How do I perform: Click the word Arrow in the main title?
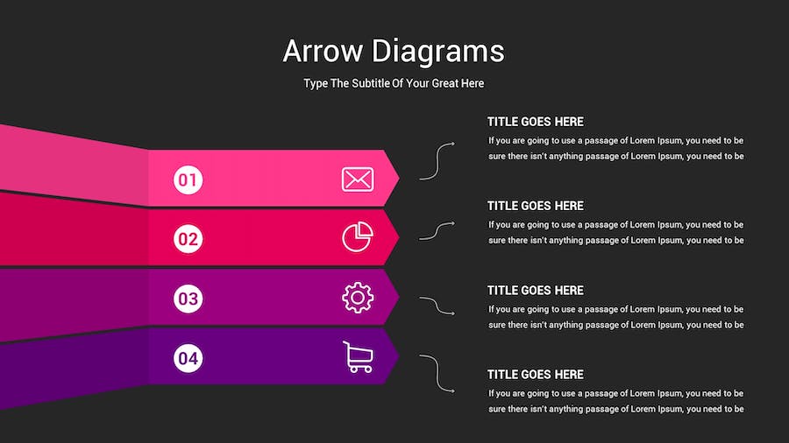point(323,51)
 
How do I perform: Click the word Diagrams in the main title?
point(438,52)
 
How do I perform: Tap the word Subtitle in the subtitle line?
point(370,83)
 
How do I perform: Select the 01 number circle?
point(188,179)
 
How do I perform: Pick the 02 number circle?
point(188,239)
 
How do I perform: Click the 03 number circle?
point(188,299)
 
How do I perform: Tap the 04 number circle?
point(188,358)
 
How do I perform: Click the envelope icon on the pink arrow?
point(358,179)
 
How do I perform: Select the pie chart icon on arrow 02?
point(358,236)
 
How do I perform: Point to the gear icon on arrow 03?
point(358,298)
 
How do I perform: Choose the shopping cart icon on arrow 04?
point(359,357)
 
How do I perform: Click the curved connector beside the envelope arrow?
point(437,161)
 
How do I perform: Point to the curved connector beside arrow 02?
point(437,230)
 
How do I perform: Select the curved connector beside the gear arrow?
point(437,306)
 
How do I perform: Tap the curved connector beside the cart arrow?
point(437,373)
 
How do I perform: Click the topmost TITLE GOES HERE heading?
point(536,122)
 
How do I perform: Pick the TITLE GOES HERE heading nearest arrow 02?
point(536,206)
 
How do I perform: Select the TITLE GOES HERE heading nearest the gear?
point(536,291)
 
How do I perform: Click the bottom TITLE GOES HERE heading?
point(536,375)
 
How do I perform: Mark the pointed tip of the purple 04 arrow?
point(399,356)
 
